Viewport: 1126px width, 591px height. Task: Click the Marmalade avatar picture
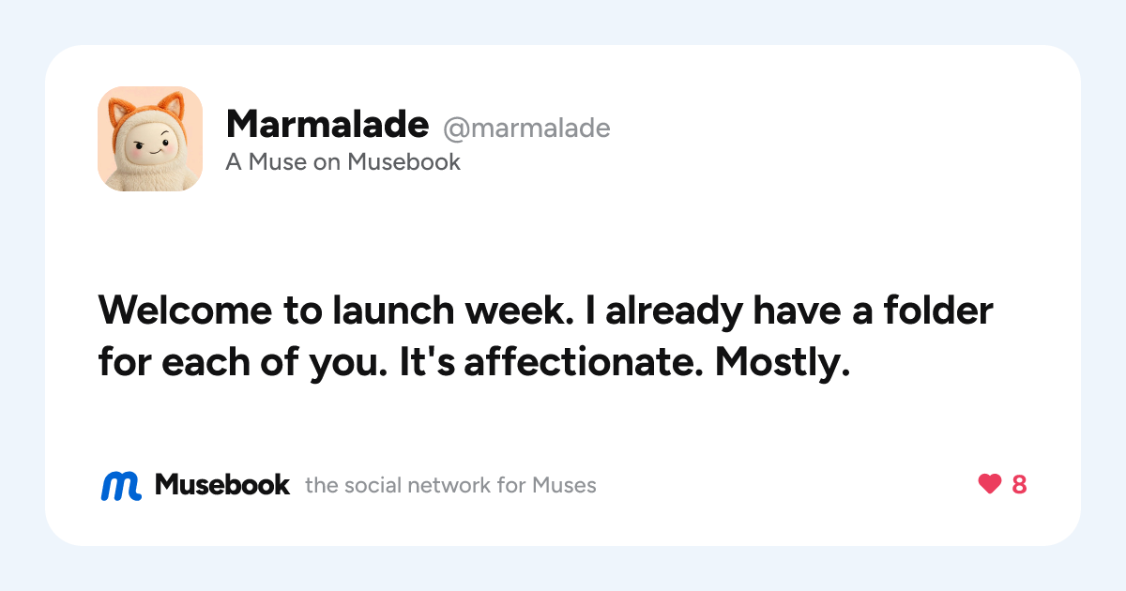click(150, 139)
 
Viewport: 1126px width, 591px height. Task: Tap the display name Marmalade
click(327, 124)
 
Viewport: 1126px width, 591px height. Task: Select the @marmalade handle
click(526, 129)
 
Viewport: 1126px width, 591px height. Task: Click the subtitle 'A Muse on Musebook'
click(342, 161)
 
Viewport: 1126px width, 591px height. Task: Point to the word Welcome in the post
click(185, 311)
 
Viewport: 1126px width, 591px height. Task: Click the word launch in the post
click(393, 311)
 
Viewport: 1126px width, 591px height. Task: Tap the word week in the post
click(519, 311)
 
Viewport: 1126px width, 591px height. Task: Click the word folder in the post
click(938, 311)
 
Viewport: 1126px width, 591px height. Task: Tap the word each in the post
click(206, 361)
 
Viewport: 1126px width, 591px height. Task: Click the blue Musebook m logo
click(121, 486)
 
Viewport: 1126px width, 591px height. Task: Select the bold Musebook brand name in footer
click(222, 484)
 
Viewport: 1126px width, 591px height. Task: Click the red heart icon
click(990, 484)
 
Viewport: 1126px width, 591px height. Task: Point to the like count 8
click(1019, 484)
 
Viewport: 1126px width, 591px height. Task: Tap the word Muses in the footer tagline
click(564, 486)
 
